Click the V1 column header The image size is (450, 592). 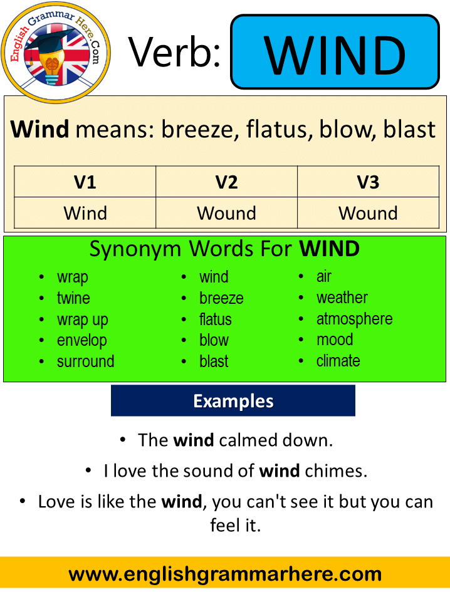pyautogui.click(x=85, y=182)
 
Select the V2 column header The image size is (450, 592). pyautogui.click(x=226, y=182)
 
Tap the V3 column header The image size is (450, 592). pyautogui.click(x=368, y=182)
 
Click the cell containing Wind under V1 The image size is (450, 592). pyautogui.click(x=85, y=213)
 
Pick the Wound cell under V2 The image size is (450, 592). pyautogui.click(x=226, y=213)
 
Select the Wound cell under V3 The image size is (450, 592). pyautogui.click(x=368, y=213)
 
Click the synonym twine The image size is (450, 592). pyautogui.click(x=73, y=298)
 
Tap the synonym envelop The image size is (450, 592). pyautogui.click(x=82, y=341)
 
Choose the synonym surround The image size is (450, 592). pyautogui.click(x=85, y=361)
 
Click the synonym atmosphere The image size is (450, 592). pyautogui.click(x=354, y=319)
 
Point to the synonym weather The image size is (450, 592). pyautogui.click(x=342, y=298)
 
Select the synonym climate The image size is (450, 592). pyautogui.click(x=338, y=361)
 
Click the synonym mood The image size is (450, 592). pyautogui.click(x=335, y=340)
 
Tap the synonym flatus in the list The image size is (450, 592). pyautogui.click(x=216, y=319)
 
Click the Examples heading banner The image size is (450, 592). pyautogui.click(x=233, y=400)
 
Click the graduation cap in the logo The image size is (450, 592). pyautogui.click(x=53, y=43)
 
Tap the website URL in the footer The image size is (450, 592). pyautogui.click(x=225, y=574)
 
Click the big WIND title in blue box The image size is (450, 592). pyautogui.click(x=335, y=55)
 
